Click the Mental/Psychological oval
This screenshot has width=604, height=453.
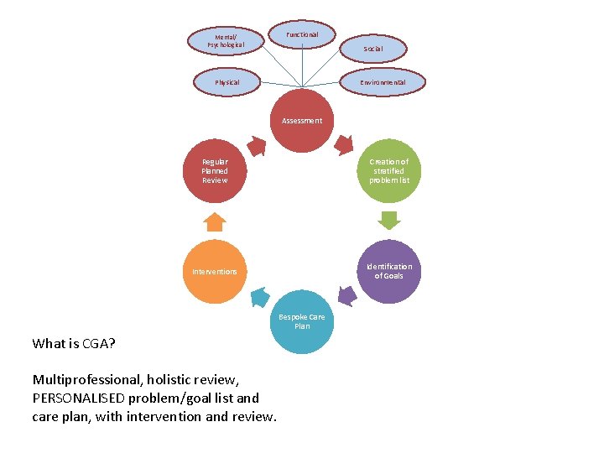click(224, 40)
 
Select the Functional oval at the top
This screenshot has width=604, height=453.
click(302, 34)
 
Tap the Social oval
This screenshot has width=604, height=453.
click(373, 49)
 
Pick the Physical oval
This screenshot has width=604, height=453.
click(227, 82)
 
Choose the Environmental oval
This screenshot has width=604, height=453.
click(383, 82)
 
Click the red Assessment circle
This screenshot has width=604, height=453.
click(302, 121)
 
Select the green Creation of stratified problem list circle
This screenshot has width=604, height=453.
click(389, 171)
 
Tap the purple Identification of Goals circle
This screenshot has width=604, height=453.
click(389, 271)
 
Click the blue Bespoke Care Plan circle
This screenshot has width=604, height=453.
click(302, 321)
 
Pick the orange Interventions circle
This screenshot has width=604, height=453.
click(215, 272)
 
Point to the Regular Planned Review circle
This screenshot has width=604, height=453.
click(215, 171)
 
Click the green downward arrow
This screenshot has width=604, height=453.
click(389, 221)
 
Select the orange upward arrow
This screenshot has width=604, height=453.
click(215, 221)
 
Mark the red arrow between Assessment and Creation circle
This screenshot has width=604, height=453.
click(344, 145)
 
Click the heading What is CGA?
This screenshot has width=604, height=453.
click(74, 343)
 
